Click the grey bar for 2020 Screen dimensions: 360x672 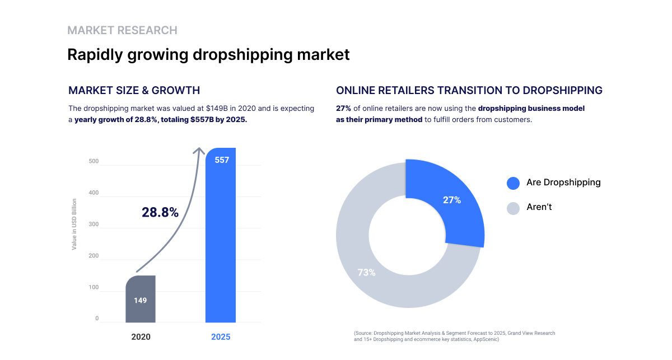pyautogui.click(x=140, y=299)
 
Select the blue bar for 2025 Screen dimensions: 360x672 pyautogui.click(x=221, y=235)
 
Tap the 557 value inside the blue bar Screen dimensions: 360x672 pyautogui.click(x=222, y=160)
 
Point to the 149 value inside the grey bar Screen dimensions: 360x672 pyautogui.click(x=140, y=301)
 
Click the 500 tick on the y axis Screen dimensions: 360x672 pyautogui.click(x=94, y=162)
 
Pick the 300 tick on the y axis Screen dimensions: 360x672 pyautogui.click(x=94, y=225)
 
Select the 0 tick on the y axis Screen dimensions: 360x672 pyautogui.click(x=97, y=319)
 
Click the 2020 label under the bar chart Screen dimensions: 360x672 pyautogui.click(x=141, y=337)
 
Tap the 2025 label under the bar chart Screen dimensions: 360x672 pyautogui.click(x=221, y=337)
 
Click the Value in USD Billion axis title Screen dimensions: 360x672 pyautogui.click(x=74, y=224)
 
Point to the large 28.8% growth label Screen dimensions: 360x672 pyautogui.click(x=160, y=213)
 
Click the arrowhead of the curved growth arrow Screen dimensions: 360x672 pyautogui.click(x=199, y=150)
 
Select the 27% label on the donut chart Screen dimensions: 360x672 pyautogui.click(x=451, y=200)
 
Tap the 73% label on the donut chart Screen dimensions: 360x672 pyautogui.click(x=366, y=273)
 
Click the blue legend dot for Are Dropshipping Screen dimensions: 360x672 pyautogui.click(x=513, y=183)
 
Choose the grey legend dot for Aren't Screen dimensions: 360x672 pyautogui.click(x=513, y=208)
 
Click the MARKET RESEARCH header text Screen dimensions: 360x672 pyautogui.click(x=122, y=30)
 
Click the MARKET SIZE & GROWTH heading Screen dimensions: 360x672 pyautogui.click(x=134, y=90)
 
